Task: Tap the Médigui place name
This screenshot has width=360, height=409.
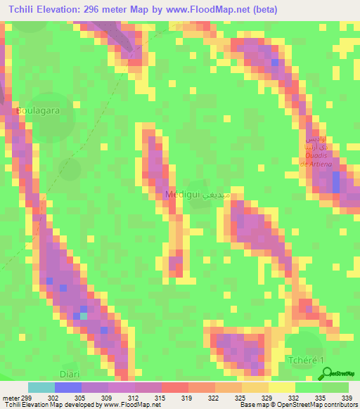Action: pyautogui.click(x=181, y=194)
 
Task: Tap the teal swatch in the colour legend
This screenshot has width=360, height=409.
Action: pyautogui.click(x=41, y=387)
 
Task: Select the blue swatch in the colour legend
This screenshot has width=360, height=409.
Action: pyautogui.click(x=68, y=387)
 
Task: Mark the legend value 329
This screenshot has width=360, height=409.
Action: pyautogui.click(x=266, y=398)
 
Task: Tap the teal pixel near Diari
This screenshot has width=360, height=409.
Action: pyautogui.click(x=84, y=316)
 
